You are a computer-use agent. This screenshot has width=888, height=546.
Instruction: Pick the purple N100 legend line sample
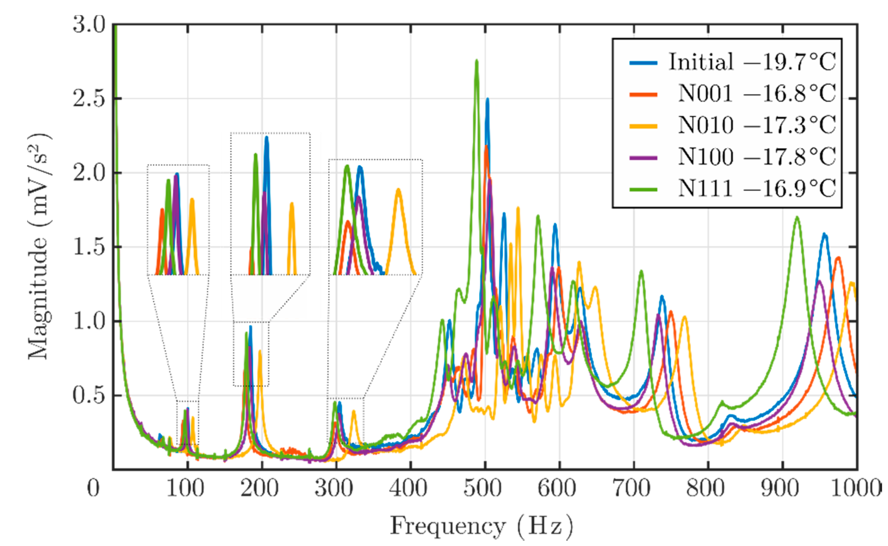tap(643, 157)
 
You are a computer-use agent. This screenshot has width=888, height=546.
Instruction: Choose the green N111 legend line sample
tap(643, 189)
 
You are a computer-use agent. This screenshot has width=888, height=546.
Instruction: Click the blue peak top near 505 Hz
tap(487, 99)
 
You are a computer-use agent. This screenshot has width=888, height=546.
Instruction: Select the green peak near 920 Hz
tap(796, 218)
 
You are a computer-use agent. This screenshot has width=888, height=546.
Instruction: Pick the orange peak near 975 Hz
tap(838, 257)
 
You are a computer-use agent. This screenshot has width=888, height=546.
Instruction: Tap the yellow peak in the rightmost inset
tap(398, 190)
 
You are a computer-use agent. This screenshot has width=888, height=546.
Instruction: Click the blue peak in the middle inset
tap(267, 138)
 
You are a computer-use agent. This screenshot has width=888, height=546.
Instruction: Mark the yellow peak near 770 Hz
tap(684, 317)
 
